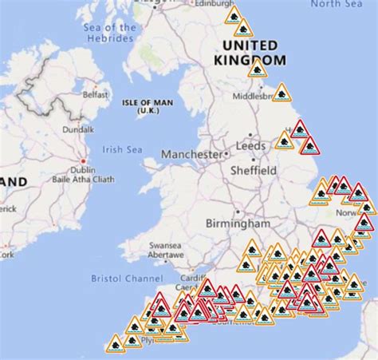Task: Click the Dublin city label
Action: [x=83, y=169]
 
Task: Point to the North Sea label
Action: [x=336, y=4]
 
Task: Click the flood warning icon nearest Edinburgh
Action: [x=234, y=15]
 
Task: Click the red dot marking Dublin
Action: [x=82, y=160]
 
